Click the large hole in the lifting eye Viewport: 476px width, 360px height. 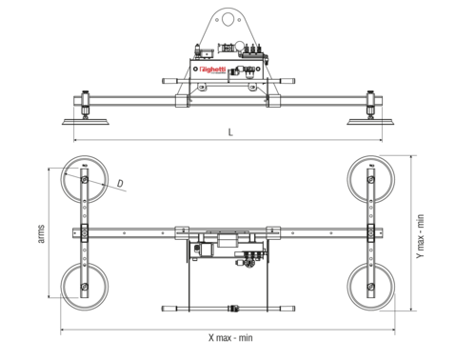coord(229,16)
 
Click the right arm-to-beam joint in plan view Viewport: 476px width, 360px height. coord(371,231)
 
